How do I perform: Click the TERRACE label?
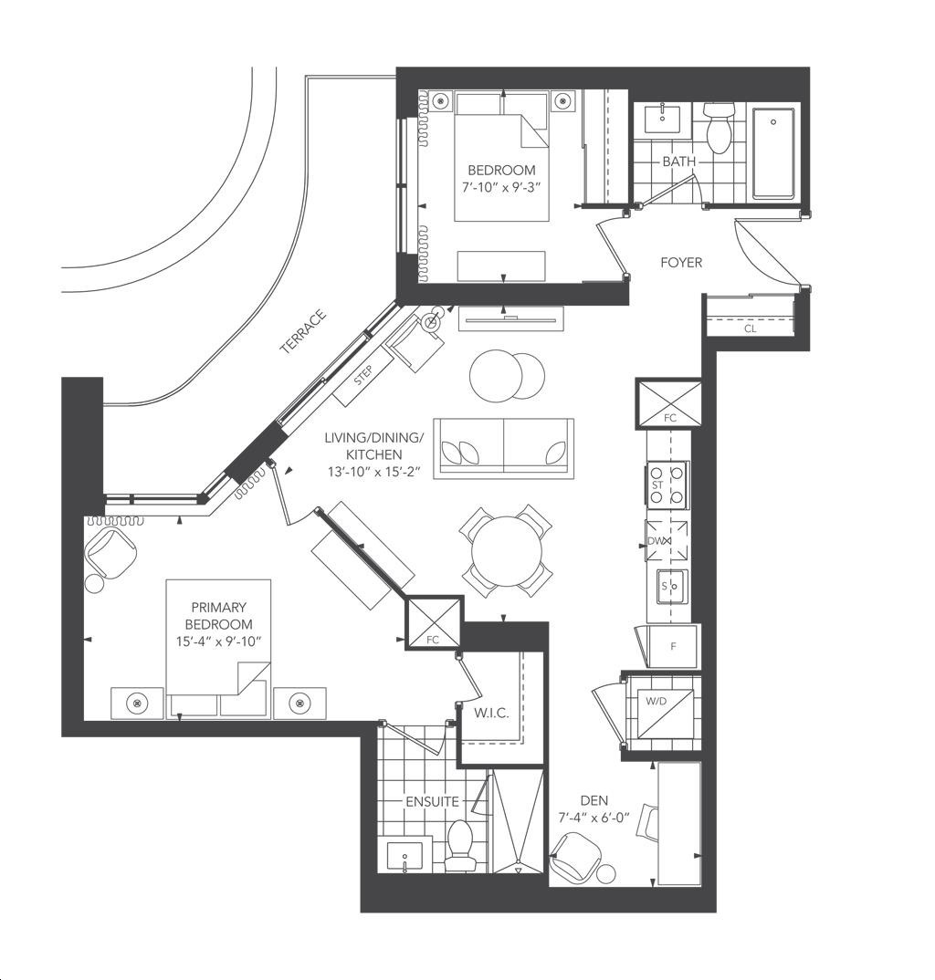tap(302, 332)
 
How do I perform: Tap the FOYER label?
tap(681, 263)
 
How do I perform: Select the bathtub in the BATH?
tap(772, 152)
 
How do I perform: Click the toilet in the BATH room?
tap(719, 128)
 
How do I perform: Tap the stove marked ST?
tap(667, 485)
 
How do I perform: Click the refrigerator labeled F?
tap(672, 646)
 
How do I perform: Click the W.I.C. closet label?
tap(491, 713)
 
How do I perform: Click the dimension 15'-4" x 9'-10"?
tap(219, 641)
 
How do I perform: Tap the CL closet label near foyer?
tap(749, 328)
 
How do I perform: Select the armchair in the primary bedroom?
tap(111, 555)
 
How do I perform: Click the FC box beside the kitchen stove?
tap(668, 403)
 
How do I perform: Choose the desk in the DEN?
tap(678, 823)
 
